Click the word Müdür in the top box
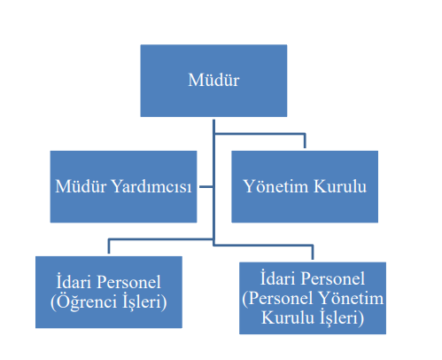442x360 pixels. pos(213,80)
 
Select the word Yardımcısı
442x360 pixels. pos(152,187)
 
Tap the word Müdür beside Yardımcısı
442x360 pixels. pos(81,186)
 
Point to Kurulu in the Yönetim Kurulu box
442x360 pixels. pos(340,186)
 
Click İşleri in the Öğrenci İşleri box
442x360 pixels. pos(142,301)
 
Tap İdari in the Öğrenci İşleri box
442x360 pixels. pos(74,281)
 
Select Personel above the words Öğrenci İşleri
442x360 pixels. pos(128,281)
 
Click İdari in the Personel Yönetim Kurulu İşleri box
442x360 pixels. pos(277,278)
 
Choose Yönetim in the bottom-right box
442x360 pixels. pos(351,298)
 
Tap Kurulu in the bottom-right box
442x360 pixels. pos(288,317)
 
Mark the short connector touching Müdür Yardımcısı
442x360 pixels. pos(205,187)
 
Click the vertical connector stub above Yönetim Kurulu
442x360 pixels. pos(305,141)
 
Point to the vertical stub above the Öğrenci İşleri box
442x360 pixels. pos(109,246)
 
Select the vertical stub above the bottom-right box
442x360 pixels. pos(313,253)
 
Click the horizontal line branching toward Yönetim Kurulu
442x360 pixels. pos(260,134)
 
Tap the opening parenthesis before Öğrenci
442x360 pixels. pos(53,302)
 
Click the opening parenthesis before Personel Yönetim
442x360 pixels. pos(244,298)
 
